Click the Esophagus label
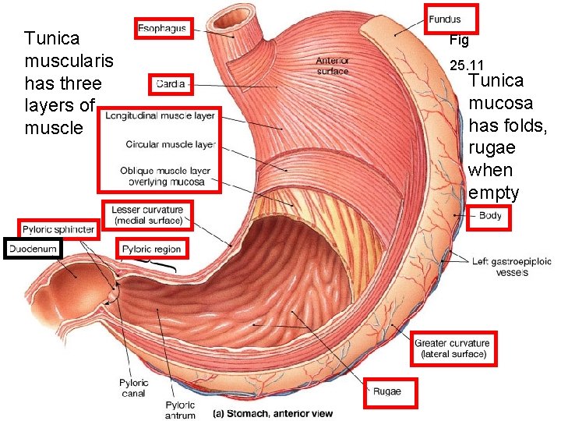[x=162, y=29]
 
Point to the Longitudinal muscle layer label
[x=160, y=116]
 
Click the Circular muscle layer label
[x=170, y=144]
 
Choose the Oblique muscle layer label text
[x=165, y=176]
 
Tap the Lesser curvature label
[x=147, y=214]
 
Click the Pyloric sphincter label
[x=58, y=229]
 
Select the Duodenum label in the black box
[x=33, y=249]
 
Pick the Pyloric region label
[x=152, y=249]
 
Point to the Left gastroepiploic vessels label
[x=511, y=267]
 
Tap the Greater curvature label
[x=452, y=348]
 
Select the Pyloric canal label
[x=134, y=387]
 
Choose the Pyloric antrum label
[x=180, y=409]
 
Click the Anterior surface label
[x=333, y=65]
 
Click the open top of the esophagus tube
[x=234, y=16]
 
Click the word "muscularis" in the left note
[x=69, y=60]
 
